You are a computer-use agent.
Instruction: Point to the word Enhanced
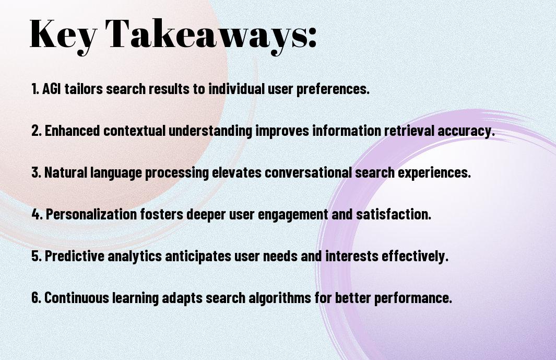(x=73, y=130)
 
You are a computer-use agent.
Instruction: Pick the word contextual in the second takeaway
(x=134, y=130)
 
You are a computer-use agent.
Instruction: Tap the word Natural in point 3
(x=66, y=172)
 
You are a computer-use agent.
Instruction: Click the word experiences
(x=434, y=173)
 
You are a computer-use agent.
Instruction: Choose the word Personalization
(x=91, y=214)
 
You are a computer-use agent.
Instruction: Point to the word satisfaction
(x=394, y=214)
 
